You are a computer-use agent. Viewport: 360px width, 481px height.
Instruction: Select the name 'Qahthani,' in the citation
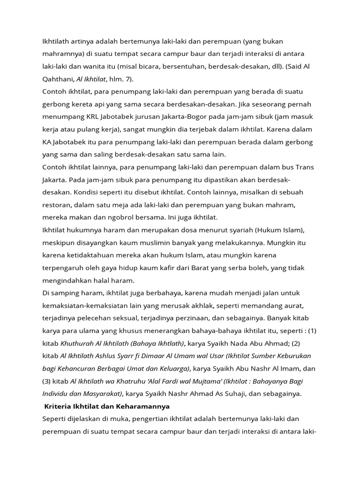click(58, 79)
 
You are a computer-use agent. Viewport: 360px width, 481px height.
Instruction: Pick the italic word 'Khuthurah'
click(76, 343)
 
